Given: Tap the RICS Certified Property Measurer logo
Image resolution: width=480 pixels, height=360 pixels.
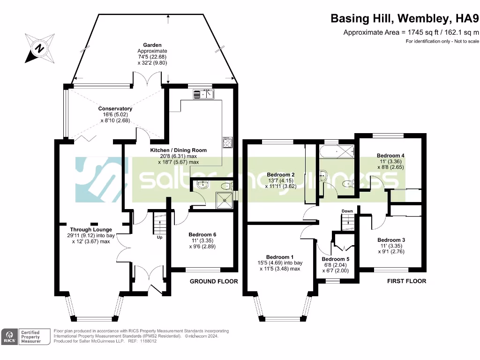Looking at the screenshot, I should click(x=26, y=336).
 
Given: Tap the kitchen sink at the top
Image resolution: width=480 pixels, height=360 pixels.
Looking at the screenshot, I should click(x=203, y=95).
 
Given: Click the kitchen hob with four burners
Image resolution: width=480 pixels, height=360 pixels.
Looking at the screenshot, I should click(x=227, y=142).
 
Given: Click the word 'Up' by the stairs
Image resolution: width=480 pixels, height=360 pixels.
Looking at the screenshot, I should click(x=160, y=237).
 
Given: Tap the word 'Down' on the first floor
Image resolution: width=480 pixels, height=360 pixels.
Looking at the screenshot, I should click(x=347, y=211).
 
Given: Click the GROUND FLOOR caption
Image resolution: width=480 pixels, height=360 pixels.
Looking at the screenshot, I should click(x=214, y=282).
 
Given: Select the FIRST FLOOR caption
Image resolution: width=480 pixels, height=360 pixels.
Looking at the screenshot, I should click(x=406, y=281).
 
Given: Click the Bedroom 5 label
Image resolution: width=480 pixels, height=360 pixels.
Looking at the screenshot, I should click(x=336, y=259).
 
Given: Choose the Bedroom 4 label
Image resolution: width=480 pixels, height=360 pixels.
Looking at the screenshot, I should click(x=390, y=156).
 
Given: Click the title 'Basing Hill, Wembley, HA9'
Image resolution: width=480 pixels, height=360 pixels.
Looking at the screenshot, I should click(x=405, y=19).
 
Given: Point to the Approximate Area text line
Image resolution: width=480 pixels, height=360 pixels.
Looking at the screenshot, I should click(x=411, y=32).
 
